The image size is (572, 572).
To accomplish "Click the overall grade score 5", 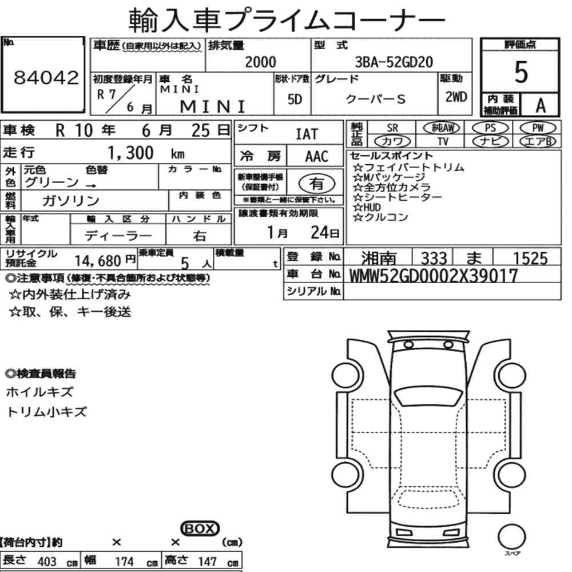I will click(x=521, y=73).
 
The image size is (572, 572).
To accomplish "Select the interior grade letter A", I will click(x=539, y=105).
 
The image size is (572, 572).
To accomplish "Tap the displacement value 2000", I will click(x=260, y=62).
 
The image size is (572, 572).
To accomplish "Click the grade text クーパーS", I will click(x=376, y=98).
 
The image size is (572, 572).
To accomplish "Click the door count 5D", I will click(x=295, y=99).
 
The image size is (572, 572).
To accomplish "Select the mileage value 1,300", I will click(x=131, y=153).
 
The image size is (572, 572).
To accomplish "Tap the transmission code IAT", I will click(x=307, y=134).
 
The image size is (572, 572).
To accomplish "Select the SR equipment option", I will click(x=392, y=128).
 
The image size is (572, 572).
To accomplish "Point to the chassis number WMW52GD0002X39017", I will click(x=433, y=276).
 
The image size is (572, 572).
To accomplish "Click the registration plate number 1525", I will click(x=529, y=259).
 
